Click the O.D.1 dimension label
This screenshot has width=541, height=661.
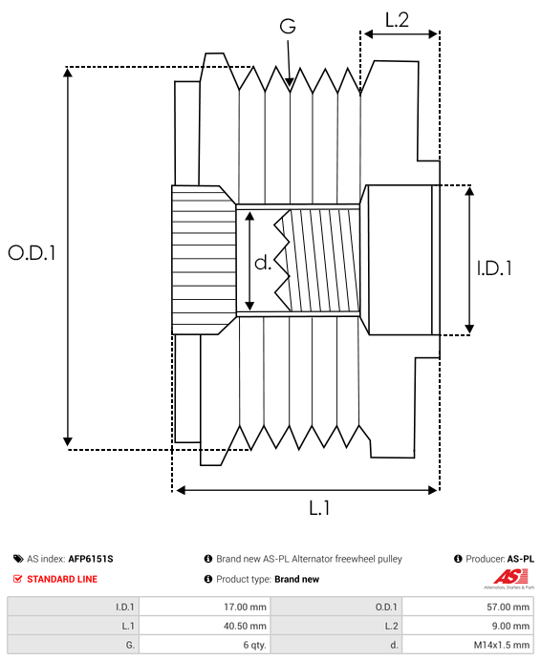(x=32, y=253)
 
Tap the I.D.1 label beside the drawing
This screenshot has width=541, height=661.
(x=493, y=268)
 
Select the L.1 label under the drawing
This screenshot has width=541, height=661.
(x=319, y=509)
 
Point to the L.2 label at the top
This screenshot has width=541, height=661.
(x=397, y=19)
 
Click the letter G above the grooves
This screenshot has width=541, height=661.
(x=287, y=28)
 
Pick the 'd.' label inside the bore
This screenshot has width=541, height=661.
(x=263, y=263)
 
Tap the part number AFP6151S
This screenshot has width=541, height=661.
(x=91, y=559)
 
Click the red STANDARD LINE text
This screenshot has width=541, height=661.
(x=62, y=579)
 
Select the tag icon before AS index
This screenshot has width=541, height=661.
(x=18, y=559)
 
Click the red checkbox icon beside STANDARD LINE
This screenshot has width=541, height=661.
(x=18, y=579)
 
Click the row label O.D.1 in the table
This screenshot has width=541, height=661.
(x=386, y=607)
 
